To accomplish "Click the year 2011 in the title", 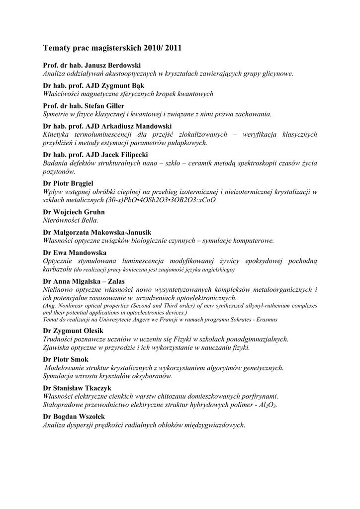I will [172, 49].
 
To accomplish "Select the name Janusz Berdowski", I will [113, 65].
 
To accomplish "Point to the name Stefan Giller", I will [104, 106].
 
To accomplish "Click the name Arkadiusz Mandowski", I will [140, 126].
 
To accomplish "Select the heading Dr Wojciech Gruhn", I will [74, 212].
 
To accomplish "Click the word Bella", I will [90, 220].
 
